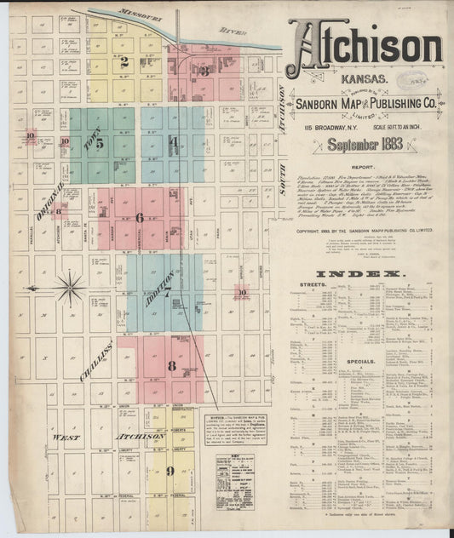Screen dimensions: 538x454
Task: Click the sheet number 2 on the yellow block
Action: tap(124, 61)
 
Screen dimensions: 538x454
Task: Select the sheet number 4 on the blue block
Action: tap(173, 141)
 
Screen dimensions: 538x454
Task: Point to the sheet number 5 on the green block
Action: tap(100, 144)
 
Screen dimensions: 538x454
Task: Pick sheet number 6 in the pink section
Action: tap(139, 217)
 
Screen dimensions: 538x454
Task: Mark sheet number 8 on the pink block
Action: tap(171, 367)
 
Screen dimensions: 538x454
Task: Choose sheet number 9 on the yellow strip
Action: tap(170, 470)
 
